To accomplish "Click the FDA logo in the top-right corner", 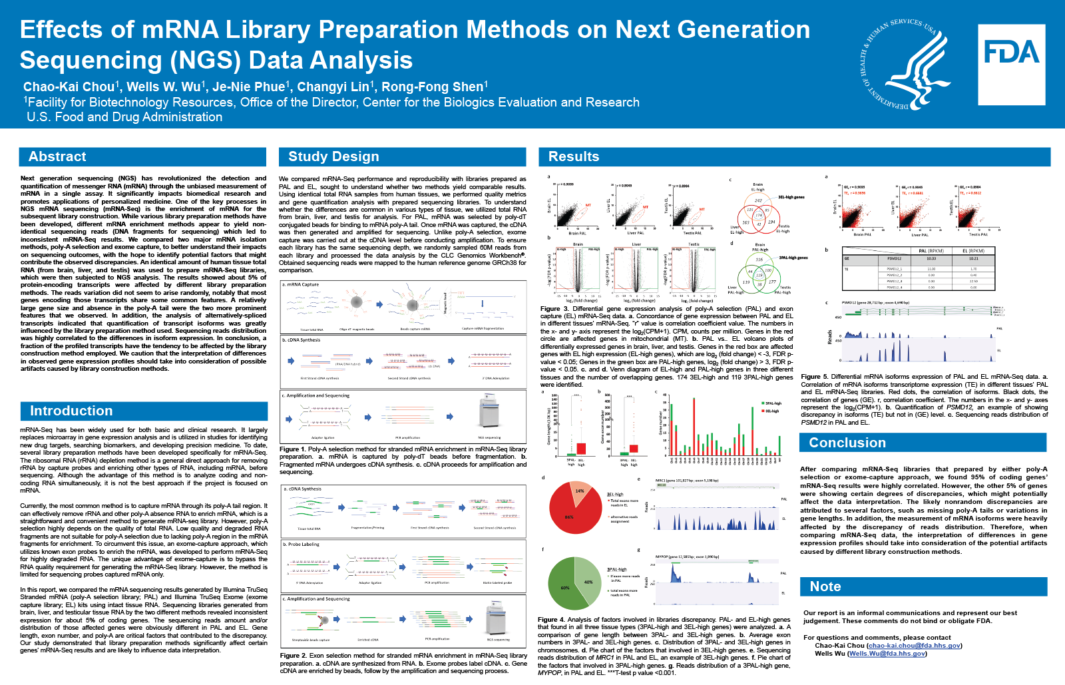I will pos(1011,65).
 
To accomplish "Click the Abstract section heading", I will pos(57,156).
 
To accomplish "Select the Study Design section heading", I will pos(333,156).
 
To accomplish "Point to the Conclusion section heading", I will pos(847,443).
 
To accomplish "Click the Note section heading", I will pos(825,586).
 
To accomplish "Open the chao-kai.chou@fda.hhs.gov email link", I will pos(914,646).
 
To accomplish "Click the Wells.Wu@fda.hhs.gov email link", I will pos(887,654).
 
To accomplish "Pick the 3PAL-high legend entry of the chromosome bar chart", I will pos(771,403).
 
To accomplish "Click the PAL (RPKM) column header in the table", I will pos(931,251).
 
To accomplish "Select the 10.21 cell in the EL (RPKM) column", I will pos(973,258).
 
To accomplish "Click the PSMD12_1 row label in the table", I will pos(894,269).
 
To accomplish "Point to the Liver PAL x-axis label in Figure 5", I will pos(919,234).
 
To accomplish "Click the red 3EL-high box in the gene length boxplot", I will pos(581,448).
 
